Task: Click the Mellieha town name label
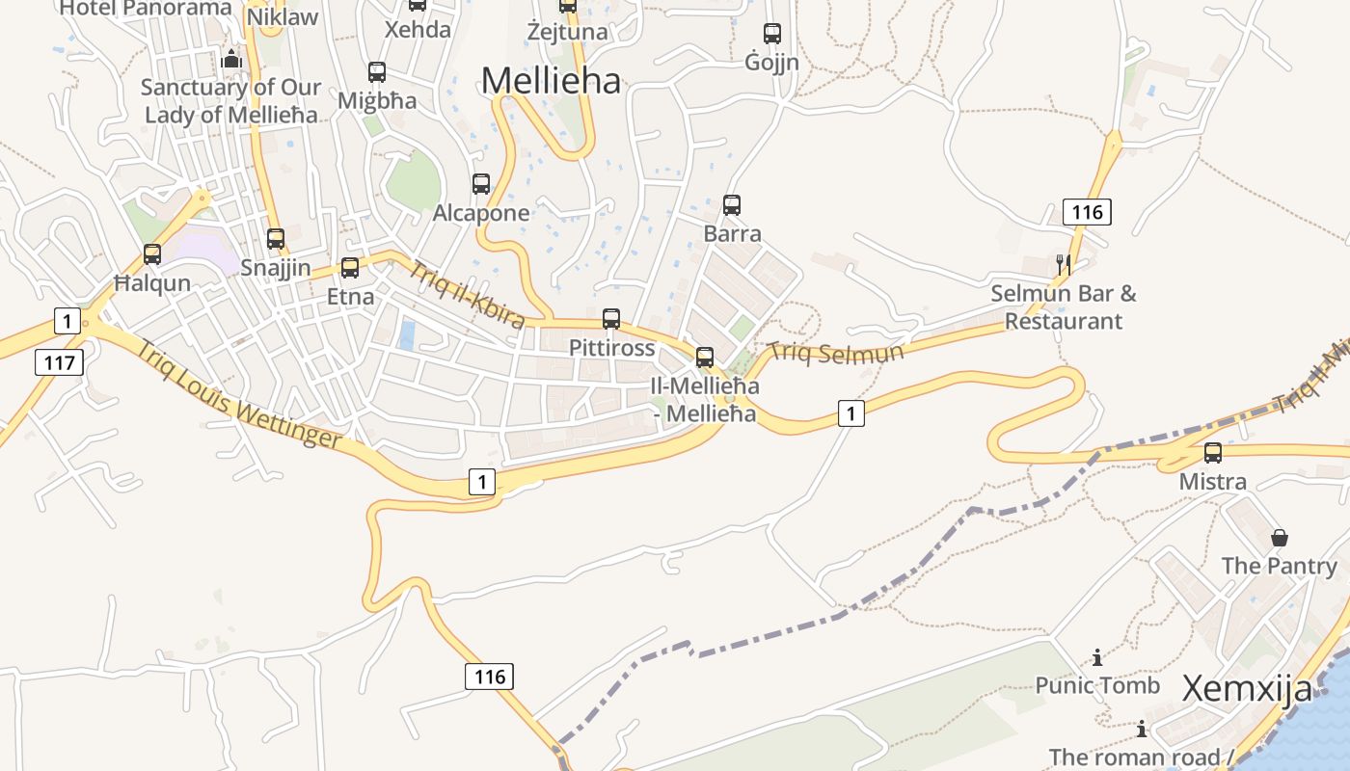click(551, 81)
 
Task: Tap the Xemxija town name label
click(1247, 689)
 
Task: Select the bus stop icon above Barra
click(732, 205)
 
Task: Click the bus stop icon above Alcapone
click(481, 184)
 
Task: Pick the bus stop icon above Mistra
click(1213, 453)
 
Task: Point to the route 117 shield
click(59, 362)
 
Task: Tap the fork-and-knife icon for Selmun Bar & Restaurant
click(1064, 264)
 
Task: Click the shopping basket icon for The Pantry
click(1280, 538)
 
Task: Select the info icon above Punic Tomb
click(1097, 658)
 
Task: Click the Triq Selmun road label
click(836, 353)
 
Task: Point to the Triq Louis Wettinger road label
click(238, 396)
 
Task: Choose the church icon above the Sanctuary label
click(230, 60)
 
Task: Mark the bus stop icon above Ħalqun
click(152, 254)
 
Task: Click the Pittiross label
click(611, 348)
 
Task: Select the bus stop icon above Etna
click(350, 268)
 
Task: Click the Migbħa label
click(377, 101)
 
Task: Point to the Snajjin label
click(276, 268)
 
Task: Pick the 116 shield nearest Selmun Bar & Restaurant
click(1087, 212)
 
